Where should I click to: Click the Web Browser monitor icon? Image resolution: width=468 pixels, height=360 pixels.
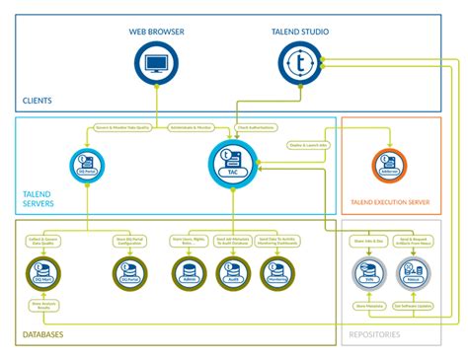(157, 63)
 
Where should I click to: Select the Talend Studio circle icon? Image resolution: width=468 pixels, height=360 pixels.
(300, 63)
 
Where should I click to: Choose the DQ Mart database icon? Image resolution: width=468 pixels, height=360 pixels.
(42, 272)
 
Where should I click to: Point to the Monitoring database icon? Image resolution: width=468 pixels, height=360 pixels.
(278, 272)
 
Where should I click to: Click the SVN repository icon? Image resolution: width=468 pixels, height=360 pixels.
(369, 272)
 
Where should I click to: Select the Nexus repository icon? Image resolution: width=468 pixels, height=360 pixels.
(415, 272)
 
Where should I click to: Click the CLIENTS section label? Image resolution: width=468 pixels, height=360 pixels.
(39, 101)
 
